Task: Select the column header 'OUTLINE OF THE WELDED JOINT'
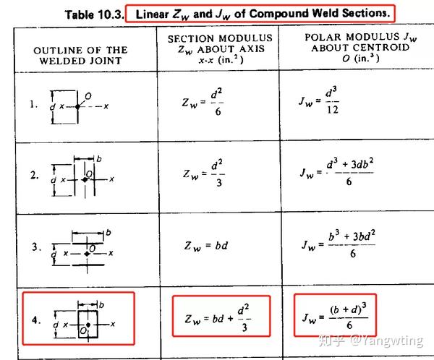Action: [80, 55]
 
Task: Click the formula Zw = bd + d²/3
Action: [219, 317]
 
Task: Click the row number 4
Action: [34, 319]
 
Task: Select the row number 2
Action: [34, 175]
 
